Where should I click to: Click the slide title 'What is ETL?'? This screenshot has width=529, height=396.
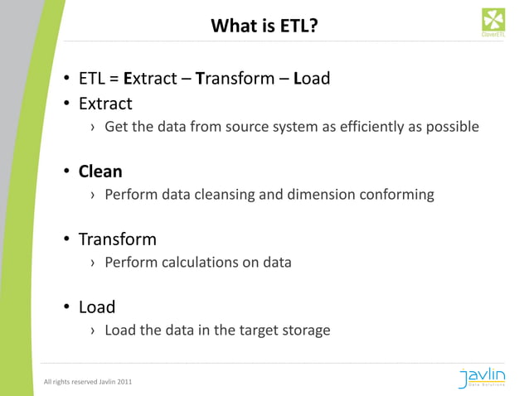click(264, 26)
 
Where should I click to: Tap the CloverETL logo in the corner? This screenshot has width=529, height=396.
click(495, 22)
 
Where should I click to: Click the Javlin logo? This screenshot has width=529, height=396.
click(493, 378)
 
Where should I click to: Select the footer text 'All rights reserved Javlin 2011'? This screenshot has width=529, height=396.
click(87, 382)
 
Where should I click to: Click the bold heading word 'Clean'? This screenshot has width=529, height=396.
click(100, 172)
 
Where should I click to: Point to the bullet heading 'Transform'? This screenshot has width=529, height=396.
click(117, 240)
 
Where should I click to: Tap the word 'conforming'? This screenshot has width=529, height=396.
click(396, 195)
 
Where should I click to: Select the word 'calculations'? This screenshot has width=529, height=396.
click(196, 263)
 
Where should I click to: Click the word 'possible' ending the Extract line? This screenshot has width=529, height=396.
click(453, 127)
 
